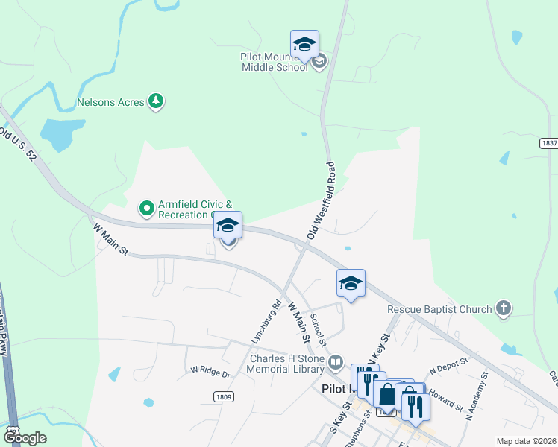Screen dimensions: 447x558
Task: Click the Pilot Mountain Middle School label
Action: tap(274, 61)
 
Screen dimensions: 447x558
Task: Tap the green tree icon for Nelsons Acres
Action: tap(156, 101)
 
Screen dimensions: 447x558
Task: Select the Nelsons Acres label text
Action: tap(110, 102)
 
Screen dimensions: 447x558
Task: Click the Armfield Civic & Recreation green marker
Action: tap(147, 208)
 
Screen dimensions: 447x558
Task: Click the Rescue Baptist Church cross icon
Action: tap(504, 308)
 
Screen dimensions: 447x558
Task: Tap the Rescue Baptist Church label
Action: tap(439, 309)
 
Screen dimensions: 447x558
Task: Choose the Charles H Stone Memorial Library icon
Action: tap(336, 363)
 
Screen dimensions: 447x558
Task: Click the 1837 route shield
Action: tap(548, 142)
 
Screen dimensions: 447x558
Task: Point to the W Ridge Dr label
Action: tap(212, 370)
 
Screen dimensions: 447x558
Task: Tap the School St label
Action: tap(319, 330)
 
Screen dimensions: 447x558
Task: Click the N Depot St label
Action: tap(448, 366)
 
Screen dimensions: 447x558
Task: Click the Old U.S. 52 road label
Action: tap(18, 141)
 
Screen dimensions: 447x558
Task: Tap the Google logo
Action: tap(25, 437)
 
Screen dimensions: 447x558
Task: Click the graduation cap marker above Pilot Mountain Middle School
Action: tap(304, 44)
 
